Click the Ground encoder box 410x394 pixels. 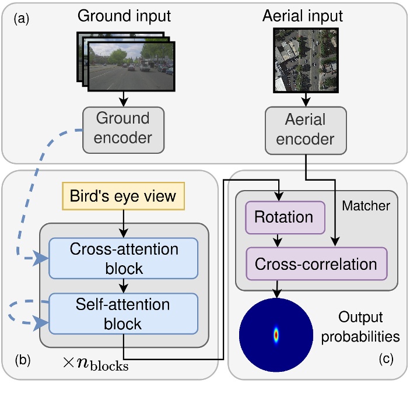click(x=123, y=129)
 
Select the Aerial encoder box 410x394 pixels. click(x=305, y=129)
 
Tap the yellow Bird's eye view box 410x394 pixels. click(x=122, y=196)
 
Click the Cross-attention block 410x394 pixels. click(x=123, y=257)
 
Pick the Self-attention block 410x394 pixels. click(x=123, y=313)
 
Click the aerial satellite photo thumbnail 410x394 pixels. click(x=305, y=60)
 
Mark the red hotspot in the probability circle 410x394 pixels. click(x=276, y=335)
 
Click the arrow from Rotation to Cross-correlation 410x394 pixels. click(x=280, y=238)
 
